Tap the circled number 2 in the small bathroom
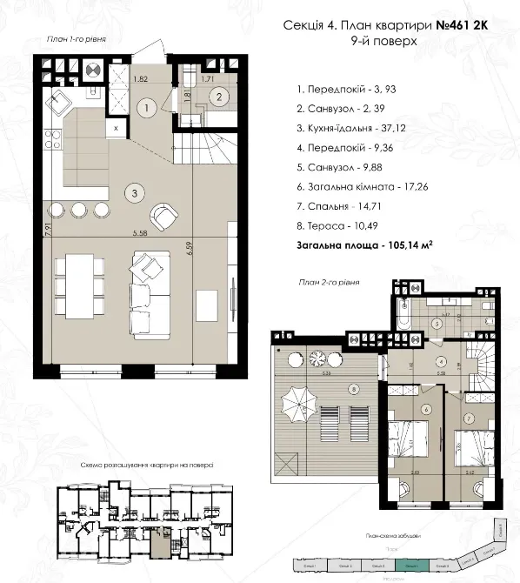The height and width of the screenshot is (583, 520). (x=220, y=97)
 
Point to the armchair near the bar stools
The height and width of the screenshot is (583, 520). (x=163, y=214)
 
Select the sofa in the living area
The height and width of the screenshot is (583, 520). (x=150, y=293)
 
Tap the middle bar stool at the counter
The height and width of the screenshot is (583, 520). (x=79, y=209)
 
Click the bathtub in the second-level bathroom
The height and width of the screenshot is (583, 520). (x=401, y=312)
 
